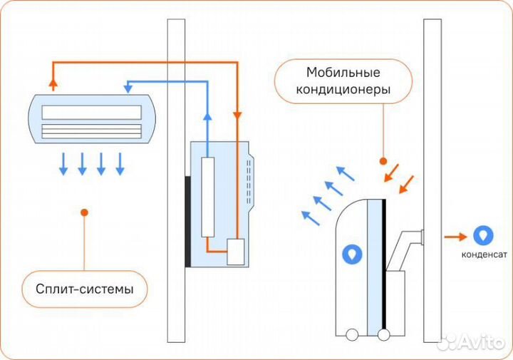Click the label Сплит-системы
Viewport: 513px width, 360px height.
coord(85,289)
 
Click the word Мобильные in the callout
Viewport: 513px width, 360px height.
coord(343,73)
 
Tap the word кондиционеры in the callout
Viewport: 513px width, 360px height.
coord(343,91)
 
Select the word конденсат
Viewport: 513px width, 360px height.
coord(484,254)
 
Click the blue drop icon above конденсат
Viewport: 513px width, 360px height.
coord(483,235)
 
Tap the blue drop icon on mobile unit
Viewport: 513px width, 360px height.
coord(352,253)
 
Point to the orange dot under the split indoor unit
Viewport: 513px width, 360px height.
coord(85,212)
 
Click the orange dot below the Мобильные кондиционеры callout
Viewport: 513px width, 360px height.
coord(383,160)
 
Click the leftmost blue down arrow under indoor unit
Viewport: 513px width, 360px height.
coord(63,164)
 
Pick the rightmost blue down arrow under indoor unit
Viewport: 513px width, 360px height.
coord(120,164)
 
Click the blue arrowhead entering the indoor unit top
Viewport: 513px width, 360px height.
coord(129,87)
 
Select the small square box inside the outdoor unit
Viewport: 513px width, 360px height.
coord(235,252)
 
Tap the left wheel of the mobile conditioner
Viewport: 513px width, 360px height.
coord(351,333)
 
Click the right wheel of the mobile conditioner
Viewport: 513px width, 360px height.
coord(384,333)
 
